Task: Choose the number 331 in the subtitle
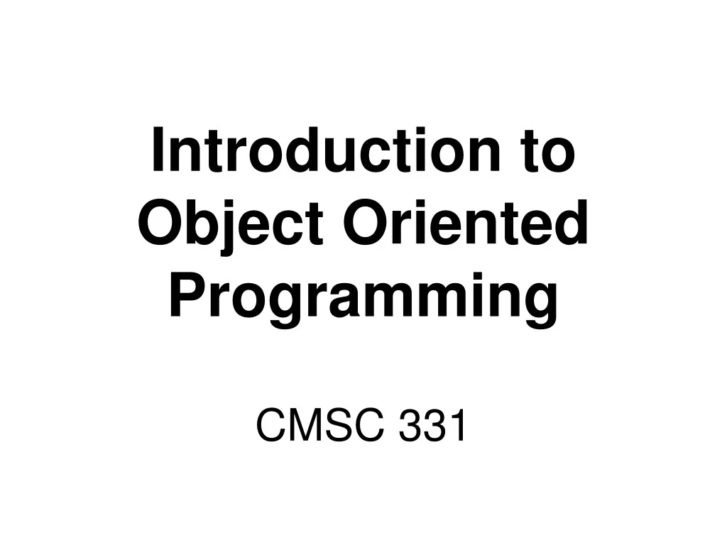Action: tap(432, 426)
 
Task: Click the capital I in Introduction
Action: tap(158, 151)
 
